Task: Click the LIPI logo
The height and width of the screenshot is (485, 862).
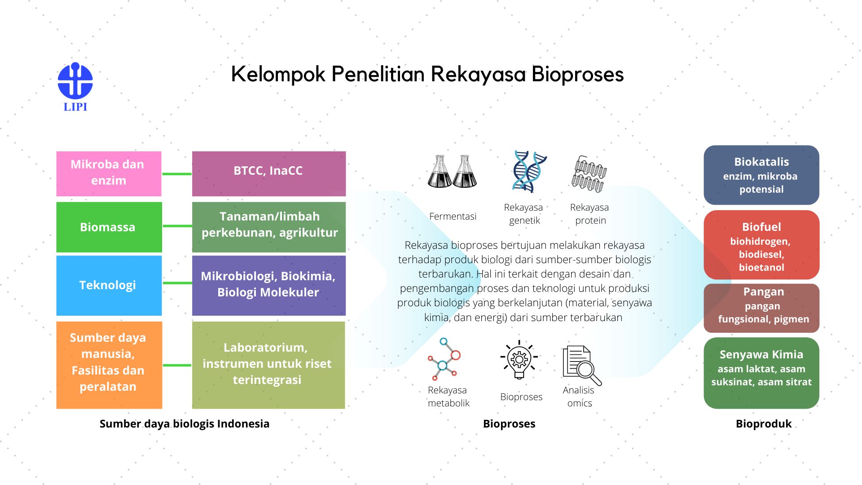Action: [x=75, y=87]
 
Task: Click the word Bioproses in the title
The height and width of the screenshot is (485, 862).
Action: [x=577, y=75]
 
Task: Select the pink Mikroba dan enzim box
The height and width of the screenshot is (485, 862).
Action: [x=109, y=173]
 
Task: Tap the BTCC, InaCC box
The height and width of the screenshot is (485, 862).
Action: [x=268, y=173]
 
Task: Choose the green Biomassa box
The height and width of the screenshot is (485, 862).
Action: [x=109, y=227]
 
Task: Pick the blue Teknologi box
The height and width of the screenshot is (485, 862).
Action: [x=109, y=285]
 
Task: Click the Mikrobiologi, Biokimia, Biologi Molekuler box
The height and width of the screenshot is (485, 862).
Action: [x=268, y=285]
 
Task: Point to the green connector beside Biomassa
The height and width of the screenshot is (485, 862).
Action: [x=177, y=226]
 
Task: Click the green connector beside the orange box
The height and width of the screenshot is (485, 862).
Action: [x=177, y=365]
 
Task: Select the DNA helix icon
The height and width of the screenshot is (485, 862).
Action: [x=530, y=172]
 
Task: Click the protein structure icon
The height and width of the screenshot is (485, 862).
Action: [x=589, y=173]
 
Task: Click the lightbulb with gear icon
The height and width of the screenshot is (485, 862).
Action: [x=519, y=360]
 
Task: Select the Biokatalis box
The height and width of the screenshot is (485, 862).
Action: [x=761, y=175]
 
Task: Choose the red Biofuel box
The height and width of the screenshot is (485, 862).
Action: [x=761, y=245]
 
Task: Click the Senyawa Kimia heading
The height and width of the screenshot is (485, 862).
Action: [x=761, y=354]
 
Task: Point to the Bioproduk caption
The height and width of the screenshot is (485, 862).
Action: [x=764, y=423]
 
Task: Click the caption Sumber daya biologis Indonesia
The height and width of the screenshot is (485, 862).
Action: [x=185, y=423]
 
